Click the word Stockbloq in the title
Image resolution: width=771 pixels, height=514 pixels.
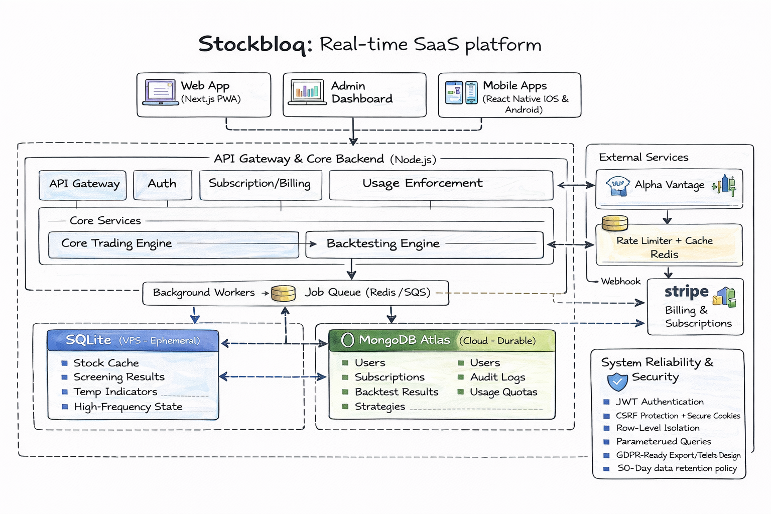click(255, 44)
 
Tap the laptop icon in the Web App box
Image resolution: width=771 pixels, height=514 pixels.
click(161, 92)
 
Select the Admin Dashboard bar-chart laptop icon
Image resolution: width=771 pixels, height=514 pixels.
click(306, 92)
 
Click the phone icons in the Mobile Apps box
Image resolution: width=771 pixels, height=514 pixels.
click(461, 92)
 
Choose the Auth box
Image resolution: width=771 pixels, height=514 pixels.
click(162, 184)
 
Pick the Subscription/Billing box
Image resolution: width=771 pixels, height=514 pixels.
click(260, 184)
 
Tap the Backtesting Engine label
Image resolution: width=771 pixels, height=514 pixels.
click(383, 244)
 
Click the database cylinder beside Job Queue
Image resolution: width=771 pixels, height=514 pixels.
click(283, 293)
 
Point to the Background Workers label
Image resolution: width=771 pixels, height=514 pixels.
click(204, 293)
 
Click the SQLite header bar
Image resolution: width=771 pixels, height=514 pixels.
click(133, 340)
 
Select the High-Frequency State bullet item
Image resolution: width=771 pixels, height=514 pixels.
click(128, 407)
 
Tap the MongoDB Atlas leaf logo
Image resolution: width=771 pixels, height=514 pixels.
click(347, 340)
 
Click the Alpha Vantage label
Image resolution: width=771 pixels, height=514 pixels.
click(669, 185)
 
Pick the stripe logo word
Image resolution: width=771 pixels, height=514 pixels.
click(686, 292)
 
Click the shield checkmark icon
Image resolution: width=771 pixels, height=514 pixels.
click(617, 382)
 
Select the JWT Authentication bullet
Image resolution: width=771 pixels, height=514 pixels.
click(660, 402)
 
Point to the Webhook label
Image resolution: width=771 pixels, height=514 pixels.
click(620, 282)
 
